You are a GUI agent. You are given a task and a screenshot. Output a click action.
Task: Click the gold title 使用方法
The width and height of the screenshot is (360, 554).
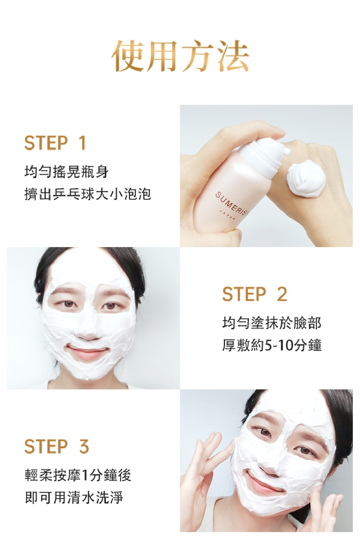click(180, 56)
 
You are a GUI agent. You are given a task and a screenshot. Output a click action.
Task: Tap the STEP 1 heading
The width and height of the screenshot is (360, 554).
click(55, 143)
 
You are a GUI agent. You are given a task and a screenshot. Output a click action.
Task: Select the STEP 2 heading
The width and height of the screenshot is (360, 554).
click(255, 294)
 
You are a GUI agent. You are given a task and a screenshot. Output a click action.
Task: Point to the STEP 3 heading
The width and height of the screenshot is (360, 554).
click(57, 446)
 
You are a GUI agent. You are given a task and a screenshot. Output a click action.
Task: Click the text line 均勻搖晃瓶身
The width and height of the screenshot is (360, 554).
click(66, 172)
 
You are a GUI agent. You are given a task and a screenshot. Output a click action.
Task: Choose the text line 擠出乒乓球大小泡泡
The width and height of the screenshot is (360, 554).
click(87, 194)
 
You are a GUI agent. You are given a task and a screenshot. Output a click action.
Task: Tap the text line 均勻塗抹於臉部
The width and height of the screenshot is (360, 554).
click(272, 323)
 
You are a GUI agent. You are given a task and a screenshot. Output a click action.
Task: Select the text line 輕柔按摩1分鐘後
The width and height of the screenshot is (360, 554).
click(78, 475)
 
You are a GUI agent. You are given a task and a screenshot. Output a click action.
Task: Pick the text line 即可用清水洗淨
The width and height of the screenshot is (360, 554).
click(74, 497)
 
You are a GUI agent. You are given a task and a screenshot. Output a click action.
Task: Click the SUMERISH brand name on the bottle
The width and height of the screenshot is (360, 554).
click(231, 204)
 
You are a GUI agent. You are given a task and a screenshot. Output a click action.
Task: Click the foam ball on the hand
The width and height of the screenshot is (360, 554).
click(305, 178)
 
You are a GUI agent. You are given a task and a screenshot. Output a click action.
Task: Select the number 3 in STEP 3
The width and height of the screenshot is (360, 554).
click(84, 446)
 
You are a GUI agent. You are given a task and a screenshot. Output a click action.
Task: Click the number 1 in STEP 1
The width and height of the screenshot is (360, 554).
click(82, 143)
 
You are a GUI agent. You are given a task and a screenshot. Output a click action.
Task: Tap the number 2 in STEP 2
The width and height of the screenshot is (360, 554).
click(282, 294)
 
